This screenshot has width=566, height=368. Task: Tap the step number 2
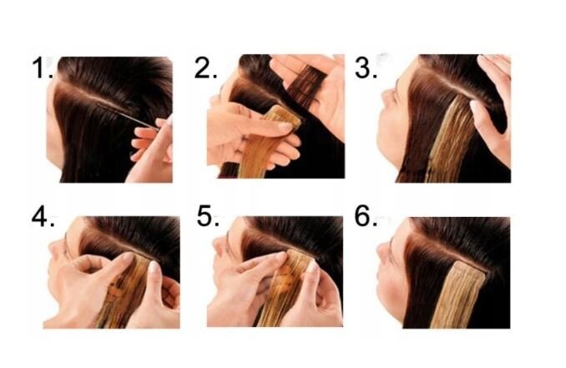tap(205, 68)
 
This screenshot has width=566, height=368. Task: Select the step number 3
tap(366, 68)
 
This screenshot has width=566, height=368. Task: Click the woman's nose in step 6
tap(384, 250)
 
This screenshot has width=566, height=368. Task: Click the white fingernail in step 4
tap(154, 266)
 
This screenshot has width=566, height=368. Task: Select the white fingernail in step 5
tap(312, 267)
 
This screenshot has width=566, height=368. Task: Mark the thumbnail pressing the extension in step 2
tap(286, 127)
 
